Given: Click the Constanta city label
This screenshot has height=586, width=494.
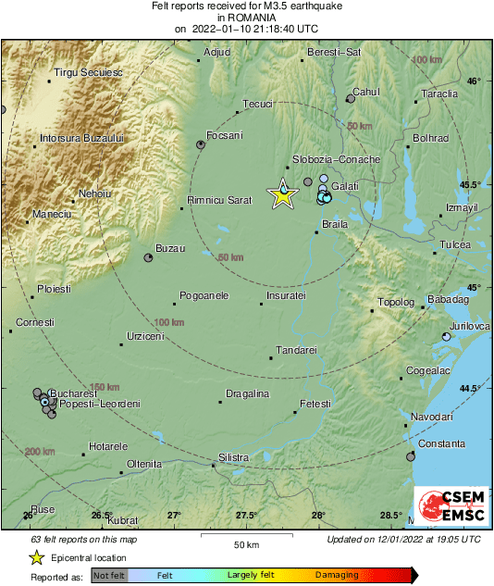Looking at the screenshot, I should click(x=442, y=444).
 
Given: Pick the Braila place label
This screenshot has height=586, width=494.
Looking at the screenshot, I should click(x=333, y=224).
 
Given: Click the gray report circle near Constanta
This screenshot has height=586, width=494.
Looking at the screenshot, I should click(x=411, y=456).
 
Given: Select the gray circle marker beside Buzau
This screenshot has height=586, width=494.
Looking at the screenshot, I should click(x=148, y=258).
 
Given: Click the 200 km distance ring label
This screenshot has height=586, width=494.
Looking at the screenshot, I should click(x=41, y=451).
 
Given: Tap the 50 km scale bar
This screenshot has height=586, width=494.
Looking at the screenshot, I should click(x=245, y=536).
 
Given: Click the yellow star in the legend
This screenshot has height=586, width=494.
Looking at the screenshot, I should click(x=36, y=557).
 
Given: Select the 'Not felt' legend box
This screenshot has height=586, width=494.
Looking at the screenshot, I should click(x=108, y=575).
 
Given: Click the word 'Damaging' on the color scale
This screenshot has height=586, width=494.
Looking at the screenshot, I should click(x=337, y=575).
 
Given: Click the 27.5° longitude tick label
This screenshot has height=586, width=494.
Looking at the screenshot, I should click(x=246, y=516).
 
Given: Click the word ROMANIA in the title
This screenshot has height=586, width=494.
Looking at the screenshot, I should click(x=246, y=17).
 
